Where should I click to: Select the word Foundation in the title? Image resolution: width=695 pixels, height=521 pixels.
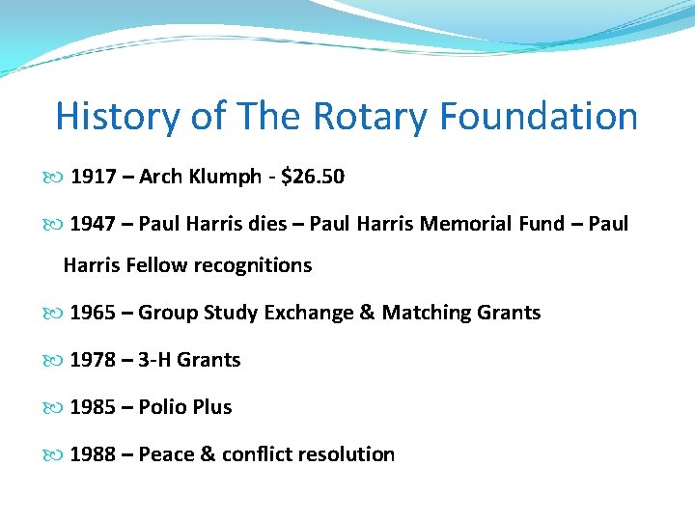tap(539, 117)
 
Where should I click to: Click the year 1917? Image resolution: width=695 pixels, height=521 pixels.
tap(93, 177)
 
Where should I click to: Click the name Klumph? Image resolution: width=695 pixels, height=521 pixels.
tap(226, 177)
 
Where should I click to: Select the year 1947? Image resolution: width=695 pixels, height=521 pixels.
tap(93, 224)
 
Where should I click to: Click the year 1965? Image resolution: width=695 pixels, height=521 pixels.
tap(93, 313)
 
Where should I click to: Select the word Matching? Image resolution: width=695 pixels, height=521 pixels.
tap(426, 313)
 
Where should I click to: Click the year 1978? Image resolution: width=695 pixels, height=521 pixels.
tap(93, 360)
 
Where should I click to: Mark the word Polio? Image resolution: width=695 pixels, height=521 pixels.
tap(163, 407)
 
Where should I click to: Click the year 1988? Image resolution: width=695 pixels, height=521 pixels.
tap(93, 454)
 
